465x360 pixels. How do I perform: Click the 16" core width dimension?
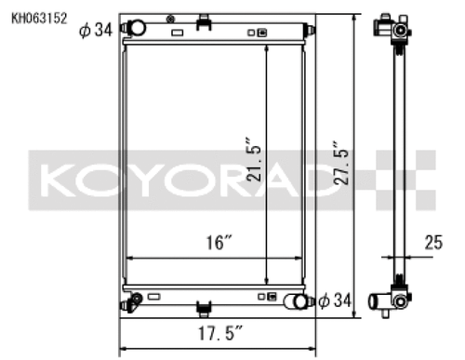[219, 243]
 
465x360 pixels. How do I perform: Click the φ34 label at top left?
[96, 31]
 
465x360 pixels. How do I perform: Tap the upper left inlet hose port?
[135, 29]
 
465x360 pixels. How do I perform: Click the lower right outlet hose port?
[296, 301]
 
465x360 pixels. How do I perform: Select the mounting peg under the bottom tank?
[203, 308]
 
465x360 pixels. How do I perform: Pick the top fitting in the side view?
[397, 30]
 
